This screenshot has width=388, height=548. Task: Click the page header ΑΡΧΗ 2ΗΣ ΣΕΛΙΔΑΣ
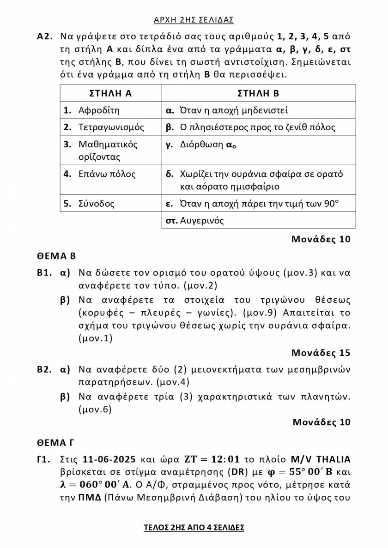pyautogui.click(x=194, y=19)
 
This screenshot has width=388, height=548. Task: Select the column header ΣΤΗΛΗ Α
pyautogui.click(x=110, y=93)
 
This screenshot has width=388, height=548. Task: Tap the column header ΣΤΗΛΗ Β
pyautogui.click(x=258, y=93)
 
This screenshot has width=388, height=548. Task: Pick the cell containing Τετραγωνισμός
pyautogui.click(x=111, y=127)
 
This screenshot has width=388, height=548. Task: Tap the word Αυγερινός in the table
pyautogui.click(x=202, y=220)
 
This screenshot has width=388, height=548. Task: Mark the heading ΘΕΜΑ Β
pyautogui.click(x=56, y=256)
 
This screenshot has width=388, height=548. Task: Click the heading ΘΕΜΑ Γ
pyautogui.click(x=55, y=443)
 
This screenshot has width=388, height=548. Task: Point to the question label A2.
pyautogui.click(x=45, y=36)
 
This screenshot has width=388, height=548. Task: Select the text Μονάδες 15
pyautogui.click(x=321, y=353)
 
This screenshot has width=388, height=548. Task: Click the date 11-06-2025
pyautogui.click(x=109, y=459)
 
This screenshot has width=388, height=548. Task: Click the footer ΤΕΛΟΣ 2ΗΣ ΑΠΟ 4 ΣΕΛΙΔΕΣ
pyautogui.click(x=194, y=527)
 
